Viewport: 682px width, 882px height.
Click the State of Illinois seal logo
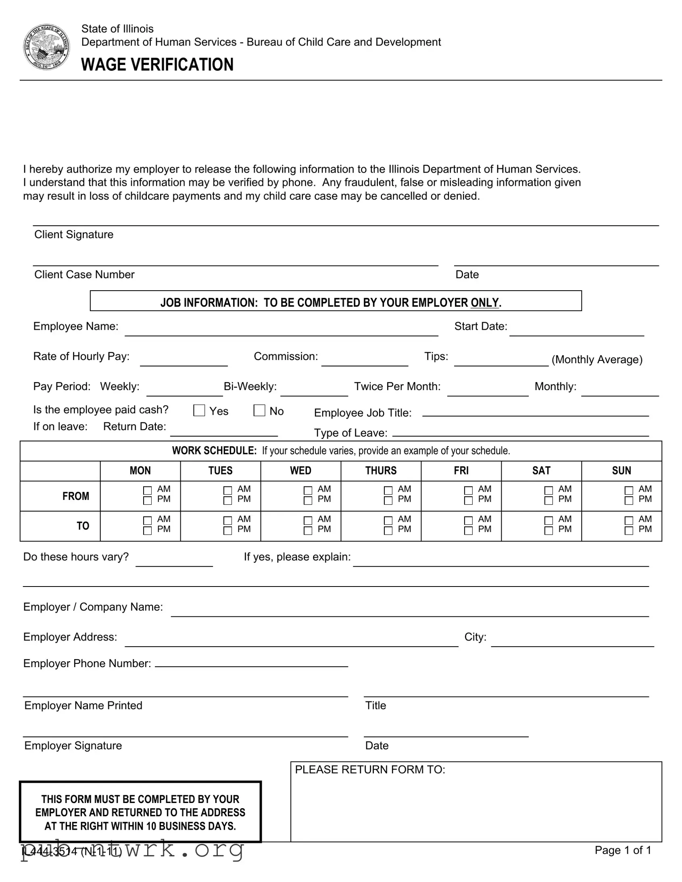click(x=46, y=47)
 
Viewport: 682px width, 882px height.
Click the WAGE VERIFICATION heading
click(x=157, y=64)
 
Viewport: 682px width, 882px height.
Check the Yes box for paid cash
click(x=199, y=410)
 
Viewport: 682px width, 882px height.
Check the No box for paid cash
click(x=259, y=410)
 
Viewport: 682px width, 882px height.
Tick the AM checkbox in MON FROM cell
click(x=148, y=490)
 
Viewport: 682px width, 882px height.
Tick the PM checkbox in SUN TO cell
click(x=629, y=530)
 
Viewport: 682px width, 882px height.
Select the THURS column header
click(x=381, y=470)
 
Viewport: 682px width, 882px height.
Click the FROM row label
click(x=75, y=496)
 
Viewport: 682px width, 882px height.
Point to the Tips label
click(x=436, y=356)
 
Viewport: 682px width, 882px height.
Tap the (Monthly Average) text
click(x=597, y=360)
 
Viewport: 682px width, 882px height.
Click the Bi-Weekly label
click(x=250, y=387)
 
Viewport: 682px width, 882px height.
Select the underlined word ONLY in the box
click(x=484, y=302)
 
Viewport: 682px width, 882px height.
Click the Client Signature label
click(x=74, y=235)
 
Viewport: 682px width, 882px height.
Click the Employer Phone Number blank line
click(x=251, y=663)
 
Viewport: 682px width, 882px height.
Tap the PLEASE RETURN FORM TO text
click(x=370, y=770)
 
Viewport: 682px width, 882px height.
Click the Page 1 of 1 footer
click(x=623, y=850)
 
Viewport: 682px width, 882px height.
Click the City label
click(x=475, y=637)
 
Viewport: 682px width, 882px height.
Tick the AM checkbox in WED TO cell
click(x=308, y=520)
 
